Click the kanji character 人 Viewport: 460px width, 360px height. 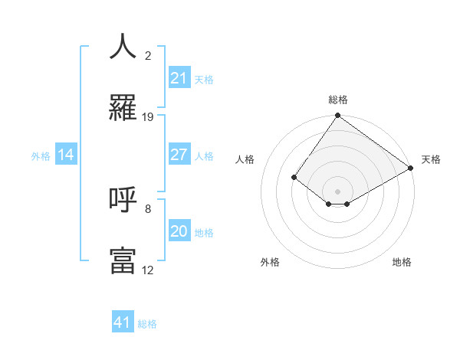[123, 47]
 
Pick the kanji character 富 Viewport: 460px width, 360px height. [123, 260]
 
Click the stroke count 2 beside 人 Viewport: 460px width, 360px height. [148, 56]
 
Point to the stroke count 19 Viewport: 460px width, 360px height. [148, 117]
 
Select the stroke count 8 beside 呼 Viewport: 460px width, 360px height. [148, 208]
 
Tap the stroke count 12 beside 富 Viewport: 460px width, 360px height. [148, 270]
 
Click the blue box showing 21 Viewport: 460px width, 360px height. [179, 78]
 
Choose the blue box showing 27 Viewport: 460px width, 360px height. [179, 155]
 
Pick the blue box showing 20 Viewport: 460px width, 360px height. [179, 231]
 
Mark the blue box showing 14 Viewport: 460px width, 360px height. [66, 155]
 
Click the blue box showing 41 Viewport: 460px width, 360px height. [123, 322]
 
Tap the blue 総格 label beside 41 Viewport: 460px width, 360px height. [147, 324]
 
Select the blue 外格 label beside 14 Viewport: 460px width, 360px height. [41, 156]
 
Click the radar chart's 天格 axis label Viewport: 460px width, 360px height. [431, 159]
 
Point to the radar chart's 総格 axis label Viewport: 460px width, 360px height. [337, 100]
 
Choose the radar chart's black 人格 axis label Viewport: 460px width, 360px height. [245, 159]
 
